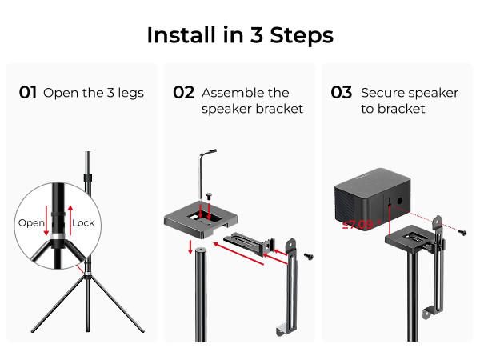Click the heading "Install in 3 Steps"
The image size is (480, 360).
pos(240,35)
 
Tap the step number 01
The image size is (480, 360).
pos(28,93)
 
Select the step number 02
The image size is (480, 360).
pos(184,93)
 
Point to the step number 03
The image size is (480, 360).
pos(342,93)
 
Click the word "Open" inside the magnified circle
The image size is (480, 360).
pos(31,222)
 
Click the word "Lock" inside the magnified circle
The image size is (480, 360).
pos(83,222)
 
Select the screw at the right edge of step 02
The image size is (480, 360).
pos(308,255)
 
